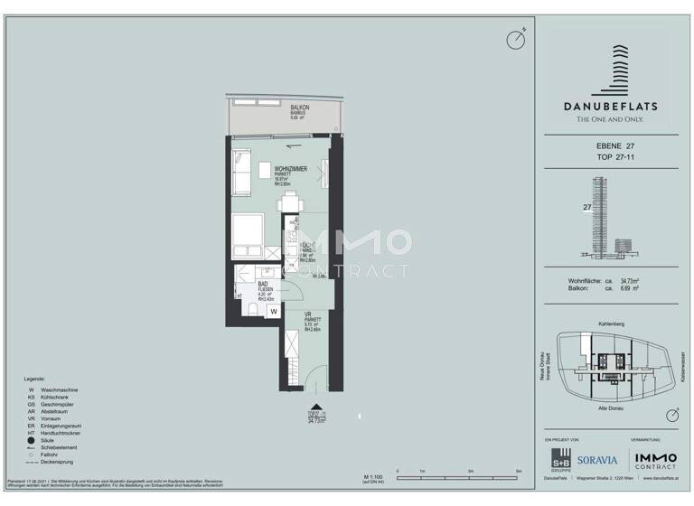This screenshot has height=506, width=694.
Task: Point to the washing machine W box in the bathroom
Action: point(272,310)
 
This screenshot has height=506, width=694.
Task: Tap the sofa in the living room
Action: point(240,173)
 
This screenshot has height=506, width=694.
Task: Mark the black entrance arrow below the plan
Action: point(314,408)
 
